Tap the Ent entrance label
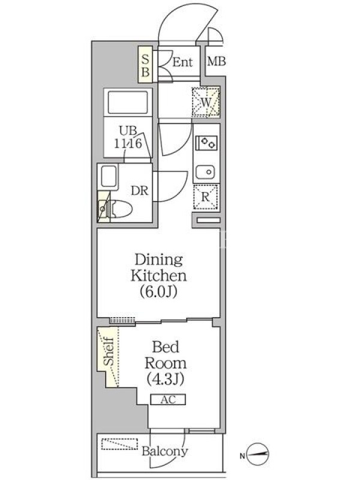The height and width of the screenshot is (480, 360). (x=182, y=62)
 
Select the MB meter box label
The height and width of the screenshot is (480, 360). (x=217, y=62)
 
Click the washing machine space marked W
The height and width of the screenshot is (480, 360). (x=206, y=102)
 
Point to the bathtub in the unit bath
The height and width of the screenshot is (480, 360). (x=128, y=102)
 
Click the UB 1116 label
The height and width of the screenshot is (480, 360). (x=128, y=137)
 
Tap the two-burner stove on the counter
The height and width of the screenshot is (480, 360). (x=206, y=143)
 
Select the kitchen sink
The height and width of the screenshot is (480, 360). (x=205, y=172)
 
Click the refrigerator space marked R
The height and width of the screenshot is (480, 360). (x=205, y=197)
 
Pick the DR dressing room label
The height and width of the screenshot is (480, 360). (x=140, y=191)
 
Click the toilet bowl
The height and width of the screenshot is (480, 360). (x=121, y=209)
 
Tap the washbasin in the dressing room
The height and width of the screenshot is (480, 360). (x=109, y=176)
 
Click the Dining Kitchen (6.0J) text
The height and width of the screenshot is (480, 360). (x=158, y=275)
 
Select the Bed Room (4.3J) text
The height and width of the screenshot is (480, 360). (x=166, y=363)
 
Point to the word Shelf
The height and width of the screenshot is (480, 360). (x=109, y=351)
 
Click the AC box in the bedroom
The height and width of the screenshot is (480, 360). (x=168, y=400)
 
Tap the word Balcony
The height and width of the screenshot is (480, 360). (x=164, y=451)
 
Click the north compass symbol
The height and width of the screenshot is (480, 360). (x=257, y=454)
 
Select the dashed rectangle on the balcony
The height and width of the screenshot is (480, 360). (x=119, y=444)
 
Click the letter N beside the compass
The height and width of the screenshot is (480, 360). (x=242, y=456)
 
